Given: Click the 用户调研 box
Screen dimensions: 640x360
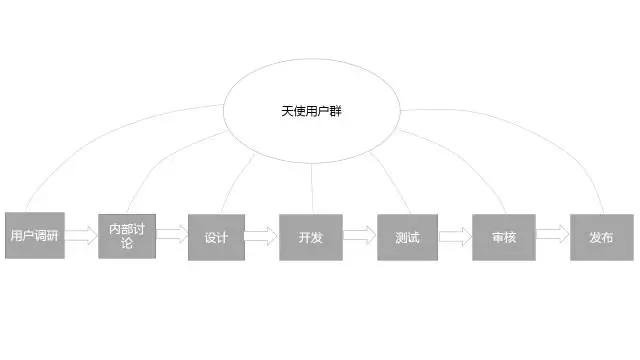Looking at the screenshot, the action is [x=35, y=235].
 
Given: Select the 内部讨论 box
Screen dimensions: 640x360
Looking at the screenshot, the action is [x=127, y=236].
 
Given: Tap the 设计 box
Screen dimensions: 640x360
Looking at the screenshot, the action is [x=216, y=237].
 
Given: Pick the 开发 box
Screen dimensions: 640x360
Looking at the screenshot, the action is [x=311, y=237].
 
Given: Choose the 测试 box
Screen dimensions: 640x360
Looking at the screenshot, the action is [x=407, y=237].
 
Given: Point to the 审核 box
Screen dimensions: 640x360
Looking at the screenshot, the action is [x=504, y=237].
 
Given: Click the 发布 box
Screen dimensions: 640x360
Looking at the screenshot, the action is [x=602, y=237].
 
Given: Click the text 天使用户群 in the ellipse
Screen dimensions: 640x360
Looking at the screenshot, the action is [x=311, y=111].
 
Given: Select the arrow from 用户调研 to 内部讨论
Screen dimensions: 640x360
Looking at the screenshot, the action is [x=81, y=236].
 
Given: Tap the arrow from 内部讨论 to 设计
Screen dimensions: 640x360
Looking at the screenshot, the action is [x=172, y=234].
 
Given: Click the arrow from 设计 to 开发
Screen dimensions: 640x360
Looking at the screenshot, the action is [x=261, y=236].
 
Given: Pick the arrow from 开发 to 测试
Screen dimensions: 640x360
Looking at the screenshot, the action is [x=360, y=235].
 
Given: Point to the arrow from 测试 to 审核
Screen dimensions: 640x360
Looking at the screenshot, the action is [x=456, y=237].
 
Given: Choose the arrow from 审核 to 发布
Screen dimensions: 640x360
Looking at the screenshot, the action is [x=552, y=234].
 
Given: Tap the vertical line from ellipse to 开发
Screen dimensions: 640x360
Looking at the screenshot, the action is [x=312, y=189].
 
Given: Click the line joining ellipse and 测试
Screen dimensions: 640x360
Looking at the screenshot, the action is [x=391, y=183].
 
